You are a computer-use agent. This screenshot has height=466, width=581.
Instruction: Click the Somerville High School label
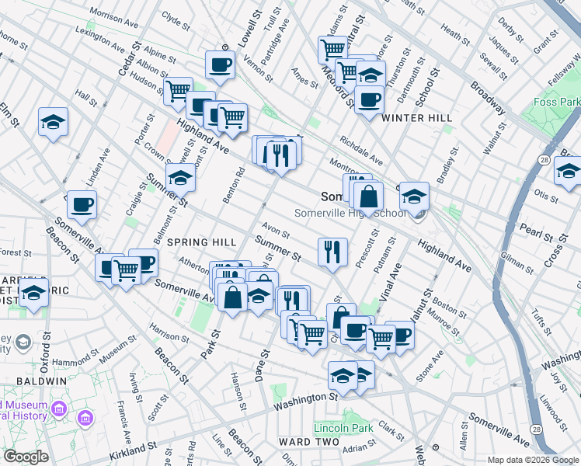tap(350, 214)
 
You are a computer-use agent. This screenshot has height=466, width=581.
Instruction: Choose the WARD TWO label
tap(308, 442)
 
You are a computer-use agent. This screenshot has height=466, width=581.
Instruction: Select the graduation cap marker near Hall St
tap(54, 122)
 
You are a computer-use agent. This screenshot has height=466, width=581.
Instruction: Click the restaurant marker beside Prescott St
tap(332, 252)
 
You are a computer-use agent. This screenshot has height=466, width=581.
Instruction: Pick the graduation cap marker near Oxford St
tap(33, 294)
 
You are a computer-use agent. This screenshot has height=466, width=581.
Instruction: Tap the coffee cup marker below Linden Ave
tap(82, 205)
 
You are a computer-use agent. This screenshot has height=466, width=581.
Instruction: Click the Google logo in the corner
tap(26, 457)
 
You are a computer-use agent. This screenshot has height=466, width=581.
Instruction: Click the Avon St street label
tap(276, 232)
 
